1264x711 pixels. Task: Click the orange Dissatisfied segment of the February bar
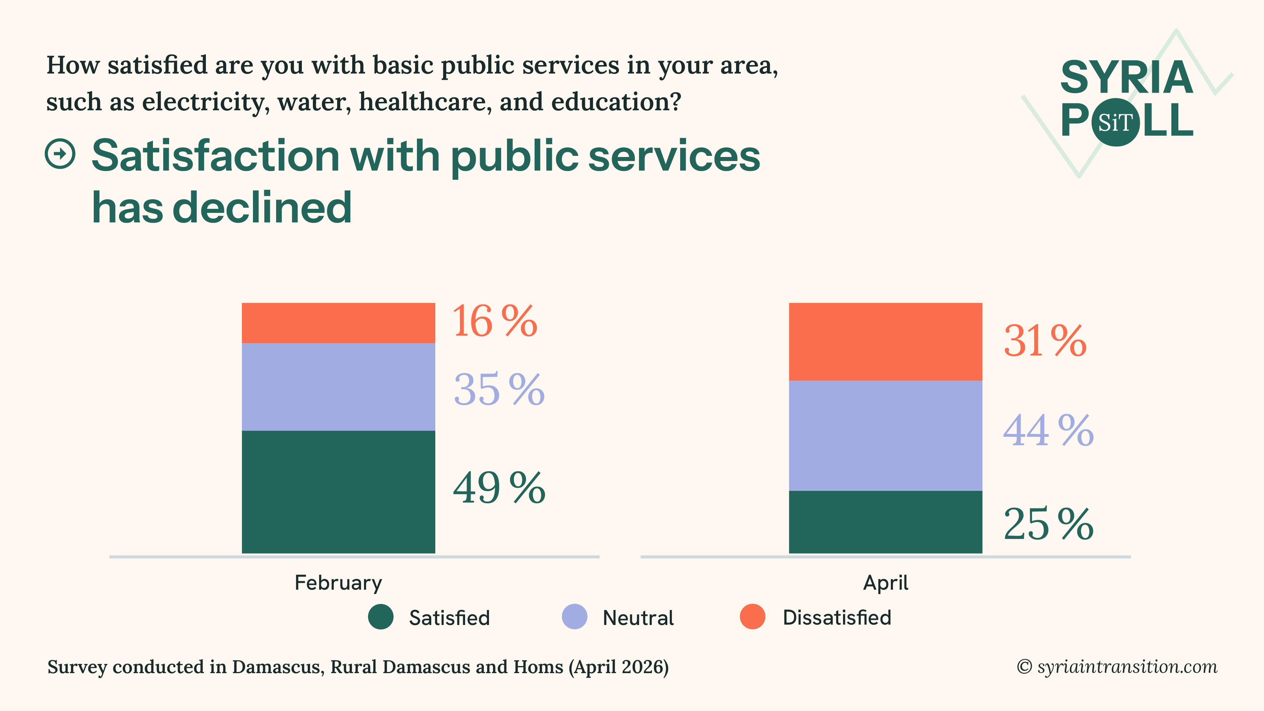point(338,323)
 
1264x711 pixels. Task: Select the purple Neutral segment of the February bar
point(338,387)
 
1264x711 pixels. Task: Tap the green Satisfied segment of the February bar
point(338,492)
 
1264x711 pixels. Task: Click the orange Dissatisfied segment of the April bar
point(885,342)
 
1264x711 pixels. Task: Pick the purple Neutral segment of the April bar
point(885,435)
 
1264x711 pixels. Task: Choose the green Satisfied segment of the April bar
point(885,522)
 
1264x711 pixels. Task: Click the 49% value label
point(499,488)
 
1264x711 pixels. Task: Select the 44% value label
point(1048,430)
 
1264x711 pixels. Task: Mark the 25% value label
point(1048,524)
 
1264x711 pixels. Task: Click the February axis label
point(338,583)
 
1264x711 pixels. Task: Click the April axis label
point(885,583)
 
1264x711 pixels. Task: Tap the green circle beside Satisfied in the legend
point(381,617)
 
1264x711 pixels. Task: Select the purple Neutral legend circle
point(574,617)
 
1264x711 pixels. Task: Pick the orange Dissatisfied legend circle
point(752,617)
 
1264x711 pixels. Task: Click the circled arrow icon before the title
point(60,154)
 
